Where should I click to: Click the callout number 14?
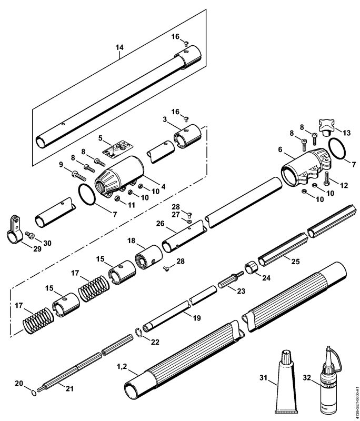pos(119,47)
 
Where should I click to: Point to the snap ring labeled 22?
pos(139,332)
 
